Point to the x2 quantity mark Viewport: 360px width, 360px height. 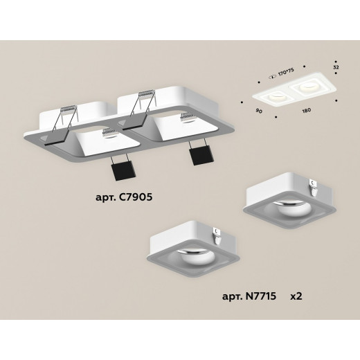[296, 296]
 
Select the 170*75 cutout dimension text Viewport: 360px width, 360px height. [286, 72]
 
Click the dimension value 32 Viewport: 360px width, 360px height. [336, 67]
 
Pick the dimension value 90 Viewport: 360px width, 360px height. [259, 111]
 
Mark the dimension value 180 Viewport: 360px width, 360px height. [306, 110]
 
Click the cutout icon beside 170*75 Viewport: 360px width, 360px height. [273, 78]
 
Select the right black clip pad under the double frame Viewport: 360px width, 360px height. [200, 156]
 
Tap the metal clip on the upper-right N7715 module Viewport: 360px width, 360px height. [314, 188]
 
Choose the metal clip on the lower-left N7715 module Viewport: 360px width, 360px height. [217, 236]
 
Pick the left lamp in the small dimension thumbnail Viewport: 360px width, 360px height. [275, 98]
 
